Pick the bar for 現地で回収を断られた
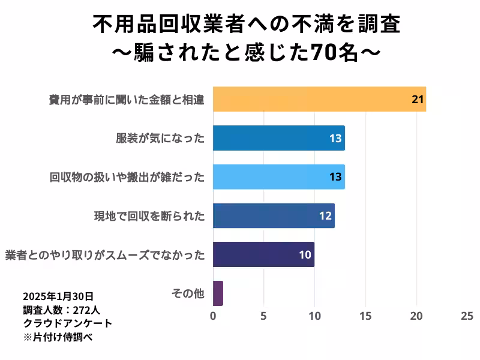point(273,215)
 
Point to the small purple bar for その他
point(218,293)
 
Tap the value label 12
point(325,216)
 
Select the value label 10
point(305,255)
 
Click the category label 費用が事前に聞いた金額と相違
point(127,100)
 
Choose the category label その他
point(188,293)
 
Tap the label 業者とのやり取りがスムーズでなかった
point(105,255)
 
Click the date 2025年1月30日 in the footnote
point(58,296)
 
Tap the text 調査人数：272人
point(62,310)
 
